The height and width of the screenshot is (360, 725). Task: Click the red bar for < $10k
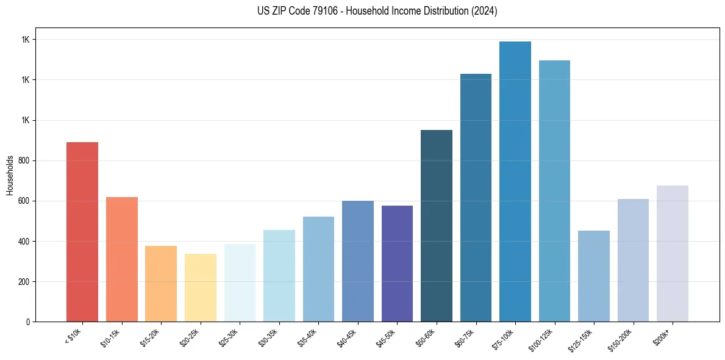(x=82, y=232)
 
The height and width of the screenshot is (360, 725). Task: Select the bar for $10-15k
(x=122, y=259)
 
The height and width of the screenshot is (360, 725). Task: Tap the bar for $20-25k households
(x=201, y=287)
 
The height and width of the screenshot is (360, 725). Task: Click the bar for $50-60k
(x=437, y=226)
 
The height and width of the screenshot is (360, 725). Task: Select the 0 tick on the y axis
(x=27, y=322)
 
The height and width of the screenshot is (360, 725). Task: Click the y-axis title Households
(x=10, y=175)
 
